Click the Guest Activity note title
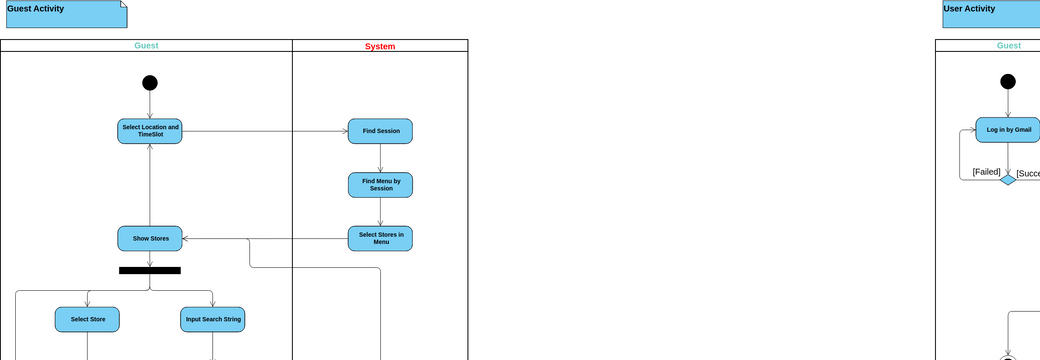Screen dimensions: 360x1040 pyautogui.click(x=36, y=9)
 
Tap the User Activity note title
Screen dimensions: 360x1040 pyautogui.click(x=969, y=9)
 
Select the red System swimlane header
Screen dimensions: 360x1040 pyautogui.click(x=379, y=46)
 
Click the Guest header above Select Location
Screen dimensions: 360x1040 pyautogui.click(x=146, y=46)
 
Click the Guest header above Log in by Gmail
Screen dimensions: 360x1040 pyautogui.click(x=1008, y=46)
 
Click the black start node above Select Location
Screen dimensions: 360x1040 pyautogui.click(x=150, y=83)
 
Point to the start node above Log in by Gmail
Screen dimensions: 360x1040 pyautogui.click(x=1008, y=82)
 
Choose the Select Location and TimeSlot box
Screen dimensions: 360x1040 pyautogui.click(x=150, y=131)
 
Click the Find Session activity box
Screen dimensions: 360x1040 pyautogui.click(x=380, y=131)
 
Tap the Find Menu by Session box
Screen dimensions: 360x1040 pyautogui.click(x=380, y=185)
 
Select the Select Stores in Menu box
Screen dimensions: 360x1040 pyautogui.click(x=380, y=238)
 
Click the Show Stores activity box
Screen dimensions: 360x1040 pyautogui.click(x=150, y=238)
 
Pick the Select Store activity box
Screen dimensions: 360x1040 pyautogui.click(x=87, y=319)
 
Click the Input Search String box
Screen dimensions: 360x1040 pyautogui.click(x=213, y=319)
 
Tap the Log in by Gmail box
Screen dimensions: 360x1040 pyautogui.click(x=1008, y=130)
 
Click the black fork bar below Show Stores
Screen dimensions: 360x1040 pyautogui.click(x=150, y=270)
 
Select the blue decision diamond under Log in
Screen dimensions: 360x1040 pyautogui.click(x=1008, y=179)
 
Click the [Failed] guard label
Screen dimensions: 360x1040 pyautogui.click(x=986, y=172)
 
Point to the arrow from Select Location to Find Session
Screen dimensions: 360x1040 pyautogui.click(x=265, y=131)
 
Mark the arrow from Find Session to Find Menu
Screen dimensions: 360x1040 pyautogui.click(x=380, y=158)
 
